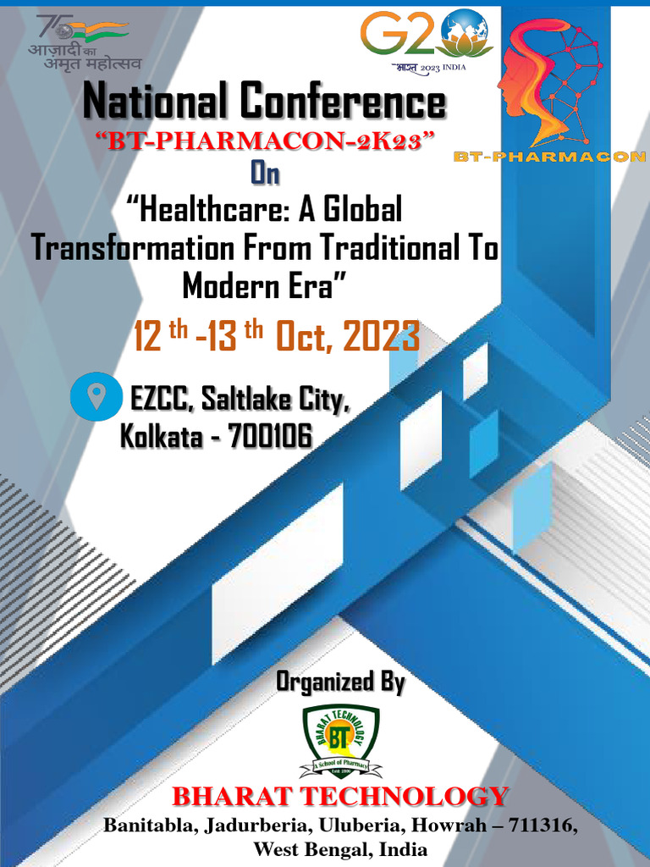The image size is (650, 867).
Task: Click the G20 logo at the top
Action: [426, 38]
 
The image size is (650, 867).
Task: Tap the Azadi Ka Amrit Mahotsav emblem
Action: [82, 41]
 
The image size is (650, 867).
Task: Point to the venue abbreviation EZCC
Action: [160, 398]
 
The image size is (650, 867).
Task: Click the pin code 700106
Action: [270, 436]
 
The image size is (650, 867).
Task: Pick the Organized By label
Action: [340, 682]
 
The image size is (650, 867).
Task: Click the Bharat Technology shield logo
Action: [340, 740]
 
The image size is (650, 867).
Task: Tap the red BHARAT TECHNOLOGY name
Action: [340, 797]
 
